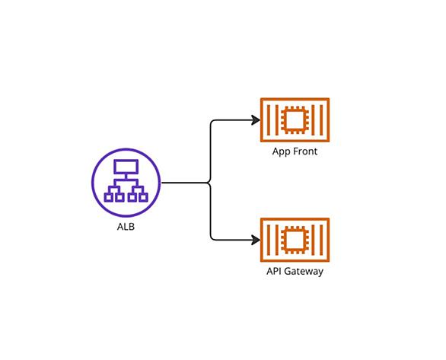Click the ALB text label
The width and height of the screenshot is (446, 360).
coord(126,227)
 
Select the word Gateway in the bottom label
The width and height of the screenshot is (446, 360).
coord(304,272)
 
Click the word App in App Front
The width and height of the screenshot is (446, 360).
coord(282,152)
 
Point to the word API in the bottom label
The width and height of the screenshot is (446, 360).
coord(274,271)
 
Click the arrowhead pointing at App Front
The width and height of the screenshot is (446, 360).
coord(255,120)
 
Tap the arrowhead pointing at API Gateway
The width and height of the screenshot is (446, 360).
coord(255,240)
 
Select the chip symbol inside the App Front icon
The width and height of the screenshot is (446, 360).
coord(295,120)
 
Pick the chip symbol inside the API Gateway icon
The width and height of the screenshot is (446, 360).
coord(295,240)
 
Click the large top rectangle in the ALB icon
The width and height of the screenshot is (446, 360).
coord(126,167)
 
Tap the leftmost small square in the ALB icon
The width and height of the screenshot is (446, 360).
coord(108,197)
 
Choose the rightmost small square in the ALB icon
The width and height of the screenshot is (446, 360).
coord(144,197)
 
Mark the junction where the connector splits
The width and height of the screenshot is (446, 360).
coord(210,183)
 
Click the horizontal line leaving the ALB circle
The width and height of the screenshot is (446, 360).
coord(185,183)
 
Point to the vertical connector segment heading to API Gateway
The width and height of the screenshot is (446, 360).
coord(211,212)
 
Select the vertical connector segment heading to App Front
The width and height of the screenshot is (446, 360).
coord(211,152)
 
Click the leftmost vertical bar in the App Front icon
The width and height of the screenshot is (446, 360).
coord(268,120)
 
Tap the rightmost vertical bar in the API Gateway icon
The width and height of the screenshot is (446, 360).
coord(322,240)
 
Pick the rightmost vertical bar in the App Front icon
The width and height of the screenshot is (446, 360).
coord(322,120)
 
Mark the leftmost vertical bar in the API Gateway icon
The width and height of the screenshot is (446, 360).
coord(268,240)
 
